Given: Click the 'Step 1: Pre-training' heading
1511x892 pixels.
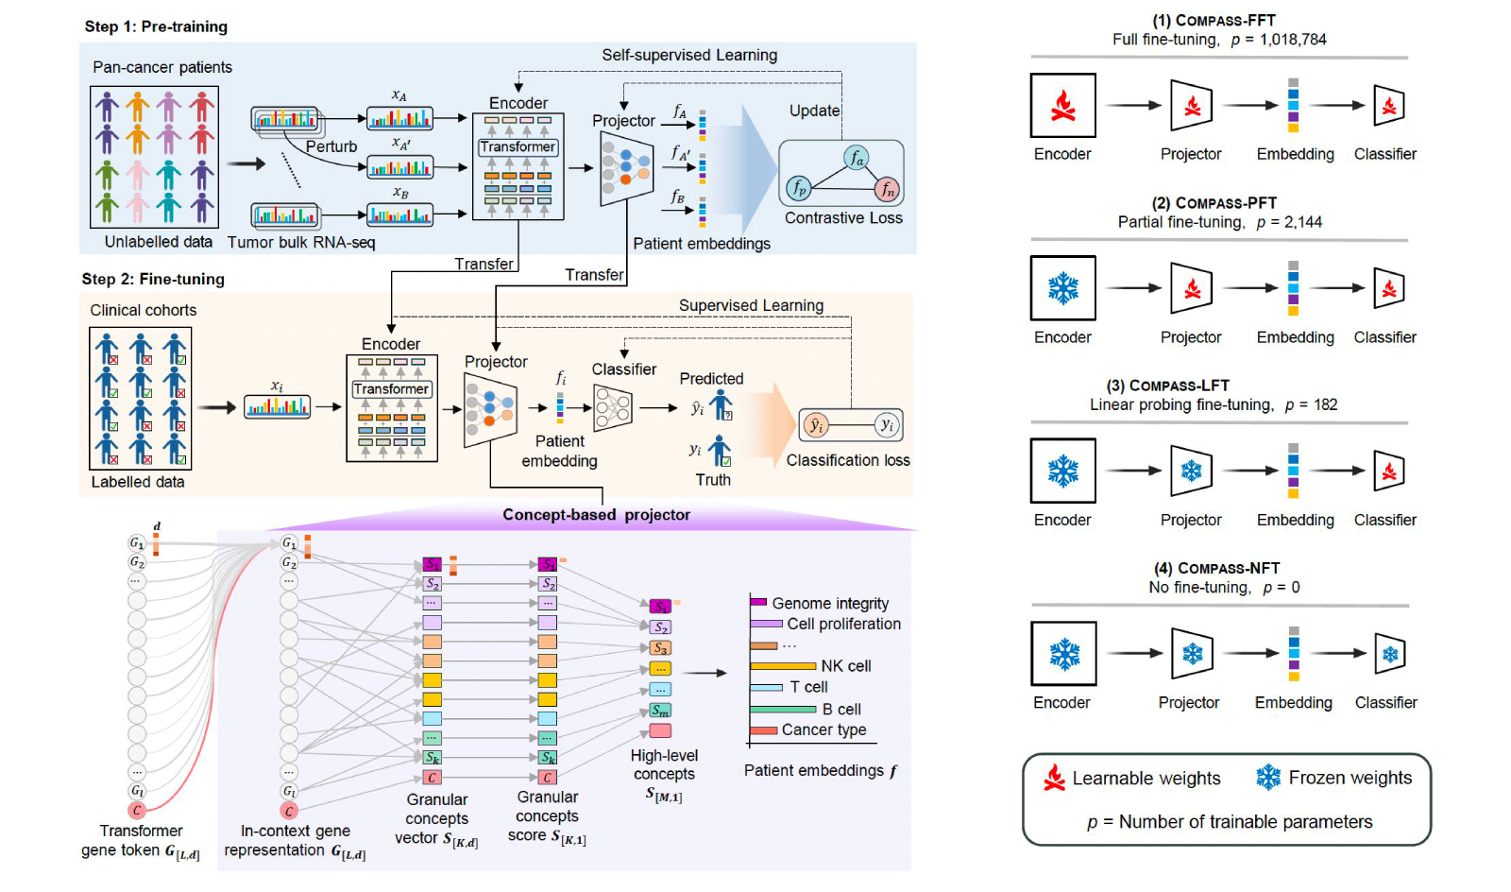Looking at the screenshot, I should (x=156, y=26).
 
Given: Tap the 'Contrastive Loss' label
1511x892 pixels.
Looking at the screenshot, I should (x=843, y=218).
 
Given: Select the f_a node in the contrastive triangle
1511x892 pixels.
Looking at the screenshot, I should (x=856, y=158).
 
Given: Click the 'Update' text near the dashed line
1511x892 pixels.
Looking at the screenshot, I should (x=814, y=111).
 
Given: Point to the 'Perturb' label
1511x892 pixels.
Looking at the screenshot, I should (x=331, y=146).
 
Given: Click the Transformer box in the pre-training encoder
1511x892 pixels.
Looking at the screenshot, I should (x=518, y=147).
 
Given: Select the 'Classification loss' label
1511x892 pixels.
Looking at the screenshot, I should (x=847, y=460).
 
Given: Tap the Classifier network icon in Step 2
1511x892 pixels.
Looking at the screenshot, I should (x=612, y=407).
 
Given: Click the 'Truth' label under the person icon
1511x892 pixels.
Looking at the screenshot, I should (x=713, y=480).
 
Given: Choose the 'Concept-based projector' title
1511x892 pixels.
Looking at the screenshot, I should (x=596, y=515).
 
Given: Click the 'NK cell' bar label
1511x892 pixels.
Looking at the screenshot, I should (x=845, y=666).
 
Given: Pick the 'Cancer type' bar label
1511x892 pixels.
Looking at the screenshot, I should (x=823, y=729).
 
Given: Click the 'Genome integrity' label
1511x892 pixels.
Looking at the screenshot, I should (x=830, y=603).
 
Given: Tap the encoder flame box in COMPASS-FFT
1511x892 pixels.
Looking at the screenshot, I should (x=1062, y=106).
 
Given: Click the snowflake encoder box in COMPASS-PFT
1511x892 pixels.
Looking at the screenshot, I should (x=1062, y=288).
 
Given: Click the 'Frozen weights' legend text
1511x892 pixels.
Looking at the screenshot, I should (x=1350, y=778).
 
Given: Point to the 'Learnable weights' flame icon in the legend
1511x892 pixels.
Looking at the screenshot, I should (x=1054, y=778).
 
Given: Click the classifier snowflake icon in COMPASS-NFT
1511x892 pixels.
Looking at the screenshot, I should (x=1390, y=654).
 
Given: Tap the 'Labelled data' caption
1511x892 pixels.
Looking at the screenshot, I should (x=138, y=482).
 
